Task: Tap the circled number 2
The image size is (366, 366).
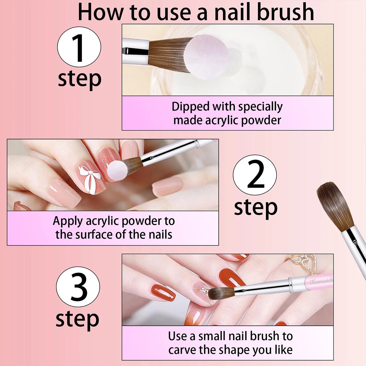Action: [255, 175]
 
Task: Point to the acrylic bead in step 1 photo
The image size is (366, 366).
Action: [207, 57]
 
